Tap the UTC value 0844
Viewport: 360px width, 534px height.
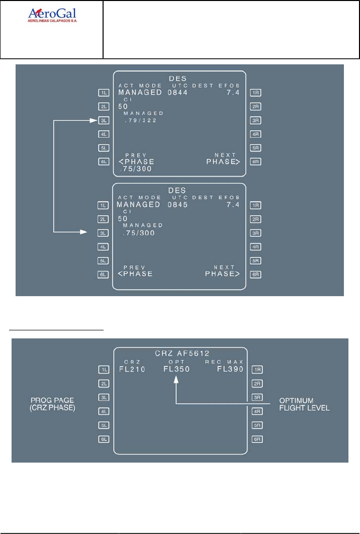[176, 93]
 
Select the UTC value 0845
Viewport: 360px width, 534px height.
[176, 205]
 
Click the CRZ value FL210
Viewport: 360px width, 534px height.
[132, 370]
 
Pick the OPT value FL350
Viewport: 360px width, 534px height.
[176, 370]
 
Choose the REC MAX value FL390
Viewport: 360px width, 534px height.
[230, 370]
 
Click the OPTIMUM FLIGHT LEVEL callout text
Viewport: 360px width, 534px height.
[304, 404]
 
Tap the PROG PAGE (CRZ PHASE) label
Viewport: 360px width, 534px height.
[53, 404]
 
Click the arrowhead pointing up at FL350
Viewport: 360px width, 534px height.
[176, 381]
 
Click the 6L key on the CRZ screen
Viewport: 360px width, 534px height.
[104, 439]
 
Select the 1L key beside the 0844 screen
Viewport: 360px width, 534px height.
[104, 93]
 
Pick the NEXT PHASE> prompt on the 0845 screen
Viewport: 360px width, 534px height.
[223, 274]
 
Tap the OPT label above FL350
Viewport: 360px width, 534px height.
[176, 362]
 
